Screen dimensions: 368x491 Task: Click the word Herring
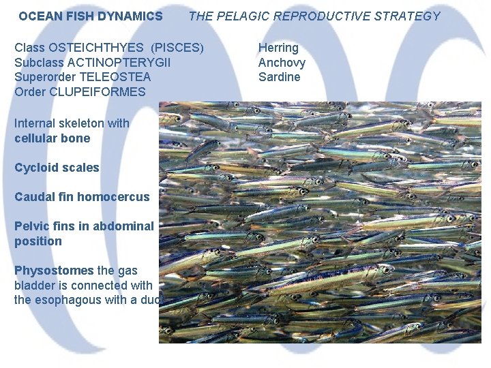[278, 48]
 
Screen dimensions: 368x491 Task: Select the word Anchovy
[282, 63]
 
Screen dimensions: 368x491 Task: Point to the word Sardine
[279, 77]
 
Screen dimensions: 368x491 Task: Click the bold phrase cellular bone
[52, 138]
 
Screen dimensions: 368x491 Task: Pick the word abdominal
[124, 226]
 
